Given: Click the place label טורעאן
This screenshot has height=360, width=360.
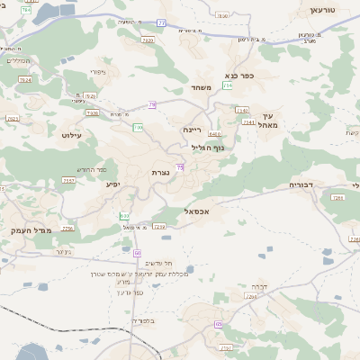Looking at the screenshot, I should pyautogui.click(x=322, y=9).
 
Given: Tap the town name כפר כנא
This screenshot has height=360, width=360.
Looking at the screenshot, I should pyautogui.click(x=240, y=76).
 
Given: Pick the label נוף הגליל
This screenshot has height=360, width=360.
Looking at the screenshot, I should pyautogui.click(x=208, y=147).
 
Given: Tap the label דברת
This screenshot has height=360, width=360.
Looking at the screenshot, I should pyautogui.click(x=258, y=288).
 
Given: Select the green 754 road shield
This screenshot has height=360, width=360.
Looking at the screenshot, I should pyautogui.click(x=228, y=85).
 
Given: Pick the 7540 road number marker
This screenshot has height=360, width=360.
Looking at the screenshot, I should pyautogui.click(x=241, y=110).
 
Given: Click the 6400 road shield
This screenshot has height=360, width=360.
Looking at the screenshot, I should pyautogui.click(x=216, y=133).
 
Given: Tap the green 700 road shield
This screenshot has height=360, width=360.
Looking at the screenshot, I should pyautogui.click(x=138, y=128).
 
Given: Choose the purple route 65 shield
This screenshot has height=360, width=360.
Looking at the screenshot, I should pyautogui.click(x=219, y=324).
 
